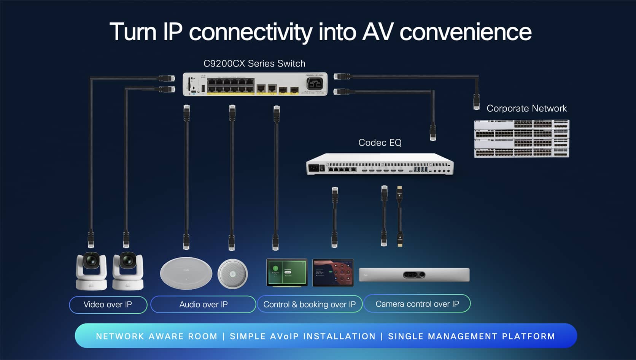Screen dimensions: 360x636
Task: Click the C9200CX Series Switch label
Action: pyautogui.click(x=254, y=63)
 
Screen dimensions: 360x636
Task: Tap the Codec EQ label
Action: pyautogui.click(x=380, y=143)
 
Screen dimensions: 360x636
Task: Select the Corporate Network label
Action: pyautogui.click(x=526, y=108)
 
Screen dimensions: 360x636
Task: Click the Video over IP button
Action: pyautogui.click(x=108, y=304)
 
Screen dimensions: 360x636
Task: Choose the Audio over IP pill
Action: pyautogui.click(x=203, y=304)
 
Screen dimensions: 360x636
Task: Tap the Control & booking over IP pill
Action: pyautogui.click(x=309, y=304)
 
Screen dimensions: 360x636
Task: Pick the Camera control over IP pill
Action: pyautogui.click(x=417, y=304)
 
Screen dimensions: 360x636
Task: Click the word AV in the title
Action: pyautogui.click(x=377, y=32)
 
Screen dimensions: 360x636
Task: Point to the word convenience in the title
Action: pyautogui.click(x=465, y=32)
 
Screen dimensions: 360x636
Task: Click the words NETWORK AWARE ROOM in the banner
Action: pyautogui.click(x=156, y=336)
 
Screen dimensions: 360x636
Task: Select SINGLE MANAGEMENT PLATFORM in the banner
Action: pyautogui.click(x=471, y=336)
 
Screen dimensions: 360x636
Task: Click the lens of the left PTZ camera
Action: pyautogui.click(x=91, y=261)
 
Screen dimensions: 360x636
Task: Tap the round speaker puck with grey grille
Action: pyautogui.click(x=232, y=274)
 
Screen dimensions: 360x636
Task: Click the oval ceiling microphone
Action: pyautogui.click(x=186, y=273)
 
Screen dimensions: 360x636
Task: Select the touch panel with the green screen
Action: pyautogui.click(x=287, y=272)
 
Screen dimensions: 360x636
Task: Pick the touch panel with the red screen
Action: pyautogui.click(x=333, y=273)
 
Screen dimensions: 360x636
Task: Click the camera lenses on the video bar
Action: pyautogui.click(x=414, y=274)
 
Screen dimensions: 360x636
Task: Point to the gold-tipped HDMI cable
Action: pyautogui.click(x=399, y=217)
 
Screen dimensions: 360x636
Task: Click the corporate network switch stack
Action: pyautogui.click(x=522, y=138)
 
